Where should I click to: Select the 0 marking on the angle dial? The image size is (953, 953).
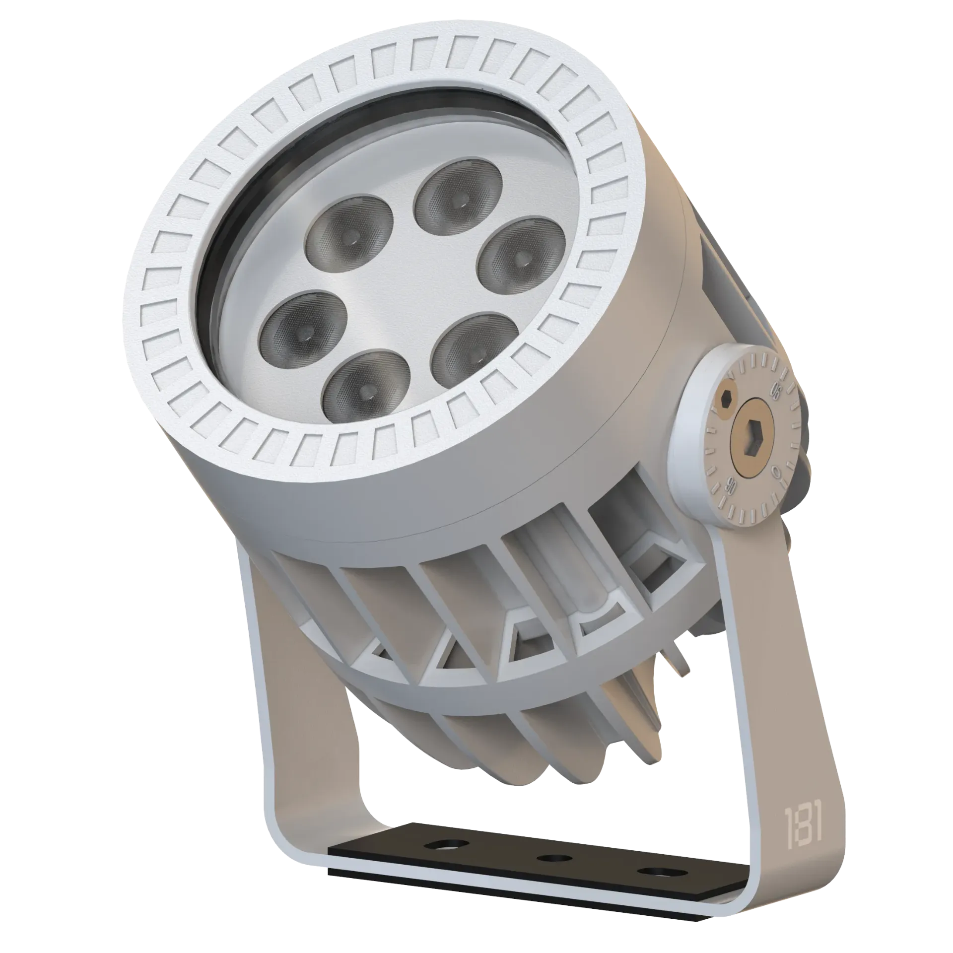[x=777, y=469]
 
